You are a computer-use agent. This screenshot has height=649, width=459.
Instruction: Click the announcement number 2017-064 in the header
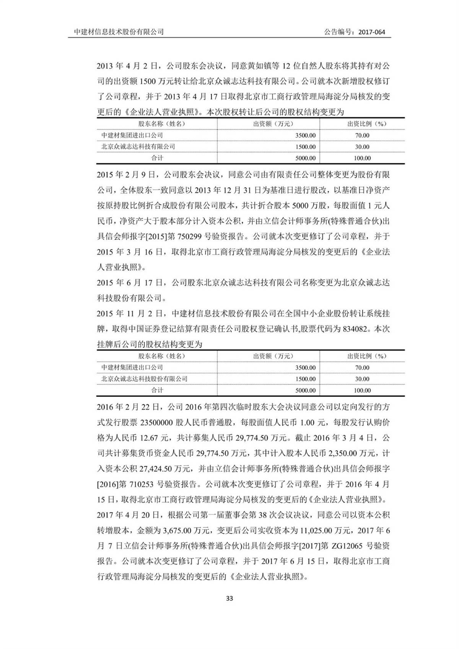click(x=372, y=32)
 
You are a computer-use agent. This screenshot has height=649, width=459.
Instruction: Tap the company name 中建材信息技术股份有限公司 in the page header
click(x=119, y=32)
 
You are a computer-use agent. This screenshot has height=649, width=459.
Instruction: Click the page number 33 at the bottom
click(x=229, y=599)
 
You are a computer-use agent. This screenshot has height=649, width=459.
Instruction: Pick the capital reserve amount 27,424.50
click(x=171, y=468)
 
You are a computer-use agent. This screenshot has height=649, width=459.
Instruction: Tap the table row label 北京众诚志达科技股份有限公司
click(x=145, y=379)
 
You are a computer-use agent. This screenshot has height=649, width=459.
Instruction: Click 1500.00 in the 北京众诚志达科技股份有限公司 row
click(x=306, y=379)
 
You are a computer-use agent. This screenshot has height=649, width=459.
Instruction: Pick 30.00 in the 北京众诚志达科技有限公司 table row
click(x=362, y=147)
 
